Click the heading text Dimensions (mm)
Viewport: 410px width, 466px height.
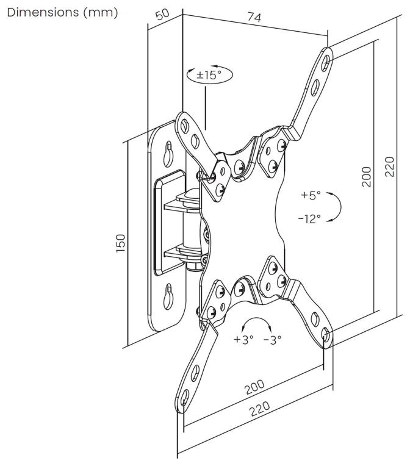coord(62,13)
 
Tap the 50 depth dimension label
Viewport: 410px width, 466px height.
coord(163,14)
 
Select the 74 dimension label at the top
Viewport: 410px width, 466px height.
coord(254,18)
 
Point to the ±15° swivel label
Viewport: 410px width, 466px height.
coord(209,74)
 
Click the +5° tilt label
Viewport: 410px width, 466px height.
coord(311,196)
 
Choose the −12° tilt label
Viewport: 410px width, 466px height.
coord(309,219)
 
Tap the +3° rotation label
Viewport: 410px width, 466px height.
coord(243,339)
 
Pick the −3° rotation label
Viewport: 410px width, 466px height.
coord(272,339)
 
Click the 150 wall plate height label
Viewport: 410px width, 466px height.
coord(121,243)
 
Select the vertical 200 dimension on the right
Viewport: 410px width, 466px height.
coord(367,176)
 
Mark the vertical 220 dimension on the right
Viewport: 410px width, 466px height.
coord(389,167)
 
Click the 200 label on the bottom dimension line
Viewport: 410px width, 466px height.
coord(254,386)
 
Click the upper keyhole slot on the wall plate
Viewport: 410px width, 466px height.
coord(168,154)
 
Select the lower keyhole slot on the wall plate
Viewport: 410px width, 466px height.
coord(168,296)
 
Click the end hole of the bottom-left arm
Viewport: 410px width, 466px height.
coord(184,398)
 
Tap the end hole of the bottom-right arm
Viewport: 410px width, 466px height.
coord(326,336)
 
